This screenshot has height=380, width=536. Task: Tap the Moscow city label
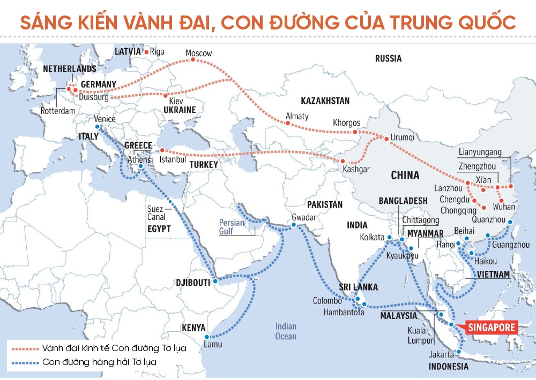(198, 54)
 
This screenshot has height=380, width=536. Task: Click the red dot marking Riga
(145, 52)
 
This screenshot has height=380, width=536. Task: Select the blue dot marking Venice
(98, 127)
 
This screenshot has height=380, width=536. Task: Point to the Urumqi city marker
(385, 138)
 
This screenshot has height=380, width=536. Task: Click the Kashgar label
(356, 170)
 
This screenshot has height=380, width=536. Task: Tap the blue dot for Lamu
(207, 337)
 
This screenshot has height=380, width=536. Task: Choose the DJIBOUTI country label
(192, 282)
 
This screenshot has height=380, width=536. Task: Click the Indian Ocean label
(286, 331)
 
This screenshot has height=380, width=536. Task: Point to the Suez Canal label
(156, 214)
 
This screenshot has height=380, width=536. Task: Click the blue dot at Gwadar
(293, 226)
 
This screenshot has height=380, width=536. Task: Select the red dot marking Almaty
(287, 123)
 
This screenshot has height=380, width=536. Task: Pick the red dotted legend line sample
(24, 348)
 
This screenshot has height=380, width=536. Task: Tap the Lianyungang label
(480, 152)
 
